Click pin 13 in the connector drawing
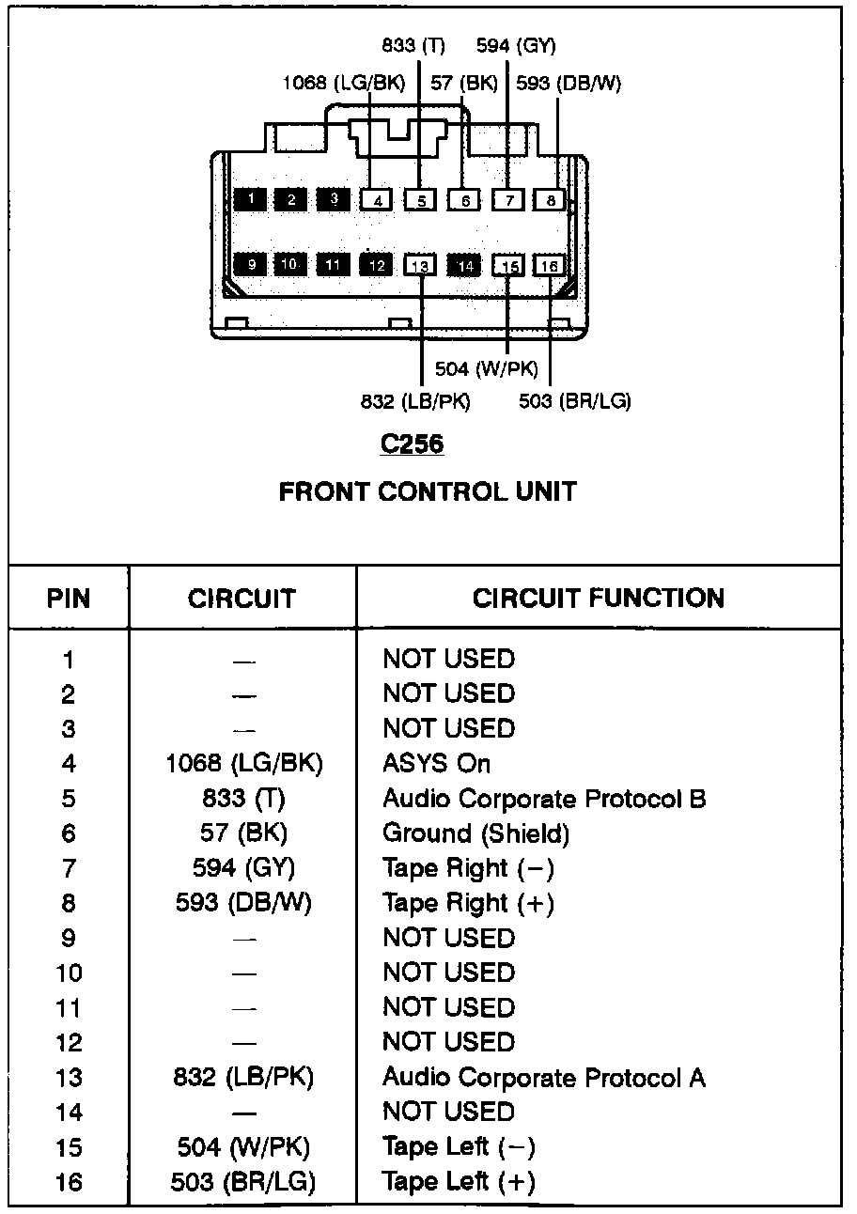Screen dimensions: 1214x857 (420, 266)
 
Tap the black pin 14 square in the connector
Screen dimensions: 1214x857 (464, 266)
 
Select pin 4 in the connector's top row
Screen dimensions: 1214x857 (377, 199)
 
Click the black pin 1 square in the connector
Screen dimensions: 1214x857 (250, 198)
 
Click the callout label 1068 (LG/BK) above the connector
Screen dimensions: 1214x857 (343, 84)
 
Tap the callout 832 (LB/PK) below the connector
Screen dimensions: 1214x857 (414, 401)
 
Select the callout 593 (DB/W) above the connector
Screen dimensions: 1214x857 (569, 84)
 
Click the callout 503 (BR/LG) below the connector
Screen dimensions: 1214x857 (575, 401)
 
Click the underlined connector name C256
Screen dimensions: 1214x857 (412, 444)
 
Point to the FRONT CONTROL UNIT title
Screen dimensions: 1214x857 (428, 491)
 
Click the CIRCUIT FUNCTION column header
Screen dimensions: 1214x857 (599, 599)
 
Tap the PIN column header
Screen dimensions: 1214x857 (69, 599)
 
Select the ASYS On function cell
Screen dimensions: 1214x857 (436, 764)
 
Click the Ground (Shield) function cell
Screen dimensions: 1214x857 (475, 833)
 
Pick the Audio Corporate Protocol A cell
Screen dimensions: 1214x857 (544, 1078)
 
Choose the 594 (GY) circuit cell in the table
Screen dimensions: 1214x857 (243, 868)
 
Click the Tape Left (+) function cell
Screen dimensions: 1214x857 (459, 1182)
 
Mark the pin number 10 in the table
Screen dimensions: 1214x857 (69, 973)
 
